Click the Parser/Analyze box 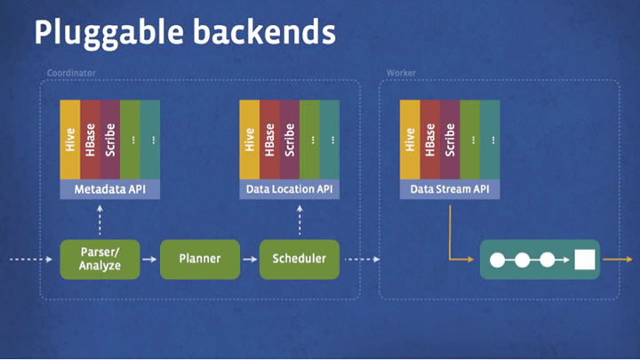click(100, 259)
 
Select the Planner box click(199, 259)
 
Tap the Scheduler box click(299, 259)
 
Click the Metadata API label click(109, 189)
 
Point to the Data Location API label click(290, 189)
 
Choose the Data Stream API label click(450, 189)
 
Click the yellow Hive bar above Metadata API click(70, 140)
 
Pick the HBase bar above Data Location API click(269, 140)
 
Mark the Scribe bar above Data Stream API click(450, 140)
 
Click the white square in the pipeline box click(584, 260)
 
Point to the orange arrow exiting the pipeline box click(615, 260)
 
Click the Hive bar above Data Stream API click(410, 140)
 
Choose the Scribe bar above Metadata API click(110, 140)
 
